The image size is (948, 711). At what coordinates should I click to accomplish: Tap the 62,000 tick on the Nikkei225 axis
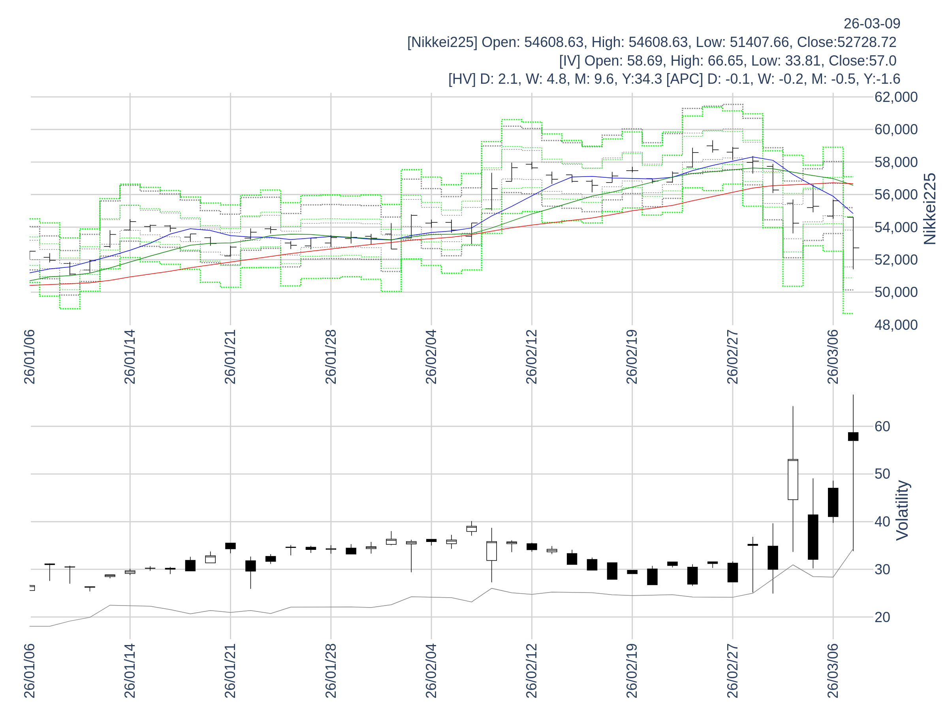click(896, 97)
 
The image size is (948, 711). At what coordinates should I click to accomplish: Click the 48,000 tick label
click(896, 325)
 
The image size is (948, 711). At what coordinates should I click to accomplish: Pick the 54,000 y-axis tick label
click(896, 227)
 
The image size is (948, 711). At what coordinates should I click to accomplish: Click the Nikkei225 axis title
click(929, 209)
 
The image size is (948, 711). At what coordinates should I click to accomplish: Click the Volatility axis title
click(902, 510)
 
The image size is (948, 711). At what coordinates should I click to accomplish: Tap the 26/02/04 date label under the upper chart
click(431, 357)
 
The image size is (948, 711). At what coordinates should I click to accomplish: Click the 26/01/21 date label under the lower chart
click(230, 670)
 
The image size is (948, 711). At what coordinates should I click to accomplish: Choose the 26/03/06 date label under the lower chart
click(833, 670)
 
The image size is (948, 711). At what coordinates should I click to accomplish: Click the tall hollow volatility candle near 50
click(793, 480)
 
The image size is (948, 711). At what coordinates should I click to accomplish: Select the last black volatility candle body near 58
click(853, 436)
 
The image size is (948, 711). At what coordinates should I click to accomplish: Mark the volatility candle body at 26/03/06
click(833, 502)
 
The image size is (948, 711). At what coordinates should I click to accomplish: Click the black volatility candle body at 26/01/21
click(230, 546)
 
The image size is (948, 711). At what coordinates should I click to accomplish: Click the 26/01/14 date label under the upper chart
click(130, 357)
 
